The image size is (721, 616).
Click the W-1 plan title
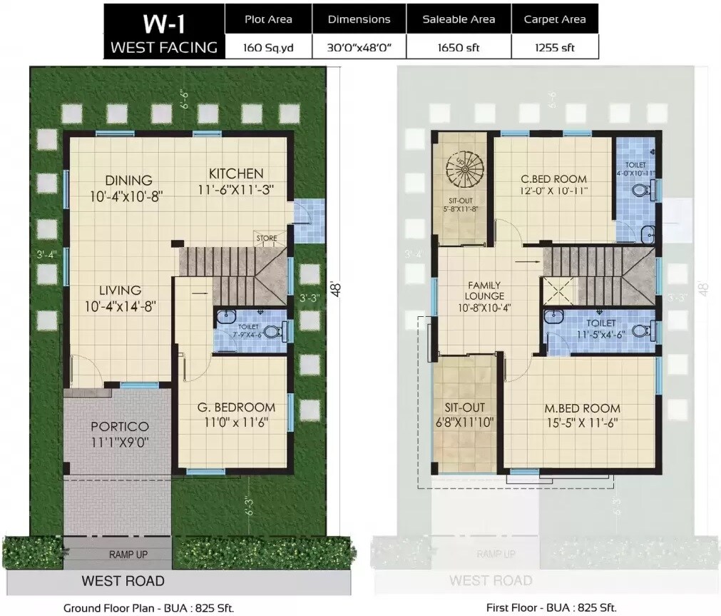(164, 23)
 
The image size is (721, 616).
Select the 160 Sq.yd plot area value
(268, 47)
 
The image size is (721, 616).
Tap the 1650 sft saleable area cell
(459, 47)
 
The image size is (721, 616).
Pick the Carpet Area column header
(554, 19)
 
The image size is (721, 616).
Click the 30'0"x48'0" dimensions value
(359, 47)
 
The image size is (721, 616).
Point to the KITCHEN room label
(236, 173)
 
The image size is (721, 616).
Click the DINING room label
(128, 181)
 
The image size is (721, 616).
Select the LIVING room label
(120, 291)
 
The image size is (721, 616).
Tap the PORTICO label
(119, 427)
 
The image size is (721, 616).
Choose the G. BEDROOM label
(236, 407)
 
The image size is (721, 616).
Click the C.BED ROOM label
(553, 178)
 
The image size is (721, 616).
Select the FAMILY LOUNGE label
(484, 291)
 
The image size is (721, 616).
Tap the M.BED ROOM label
(582, 408)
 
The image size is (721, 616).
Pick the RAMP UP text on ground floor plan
(128, 554)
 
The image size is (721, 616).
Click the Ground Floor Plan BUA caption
(148, 608)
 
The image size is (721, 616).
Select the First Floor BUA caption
(551, 608)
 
